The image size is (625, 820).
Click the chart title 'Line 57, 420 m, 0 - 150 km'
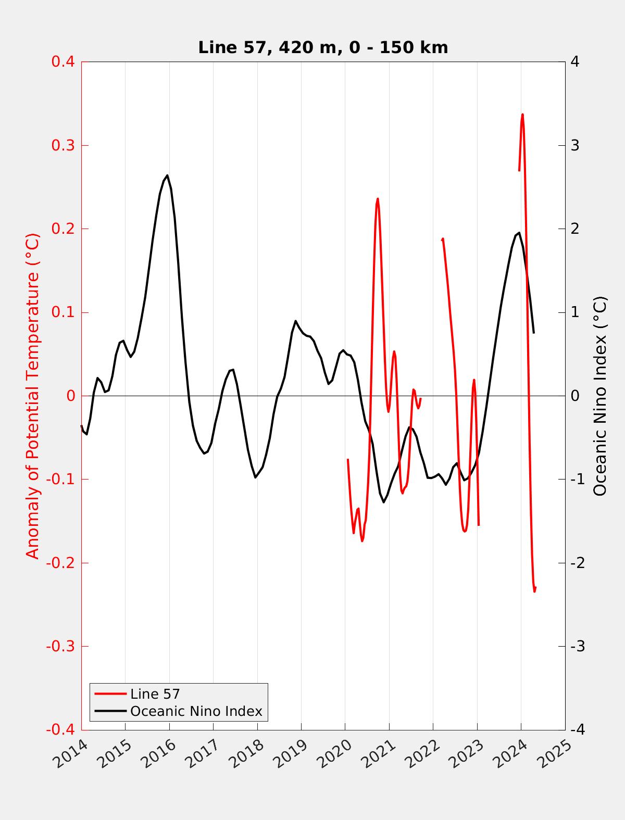point(323,47)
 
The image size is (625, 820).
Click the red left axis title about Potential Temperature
point(33,396)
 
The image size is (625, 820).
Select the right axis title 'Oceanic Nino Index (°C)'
point(600,396)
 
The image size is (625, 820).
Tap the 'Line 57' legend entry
point(155,693)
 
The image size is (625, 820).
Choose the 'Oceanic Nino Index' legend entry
point(196,711)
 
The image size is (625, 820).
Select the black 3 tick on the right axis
point(575,145)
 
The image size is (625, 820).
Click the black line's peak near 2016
point(167,175)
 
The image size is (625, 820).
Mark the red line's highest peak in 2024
point(522,115)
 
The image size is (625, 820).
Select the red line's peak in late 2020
point(378,198)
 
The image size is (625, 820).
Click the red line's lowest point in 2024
point(534,591)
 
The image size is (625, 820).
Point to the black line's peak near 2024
point(519,233)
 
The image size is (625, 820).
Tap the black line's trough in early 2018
point(255,477)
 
